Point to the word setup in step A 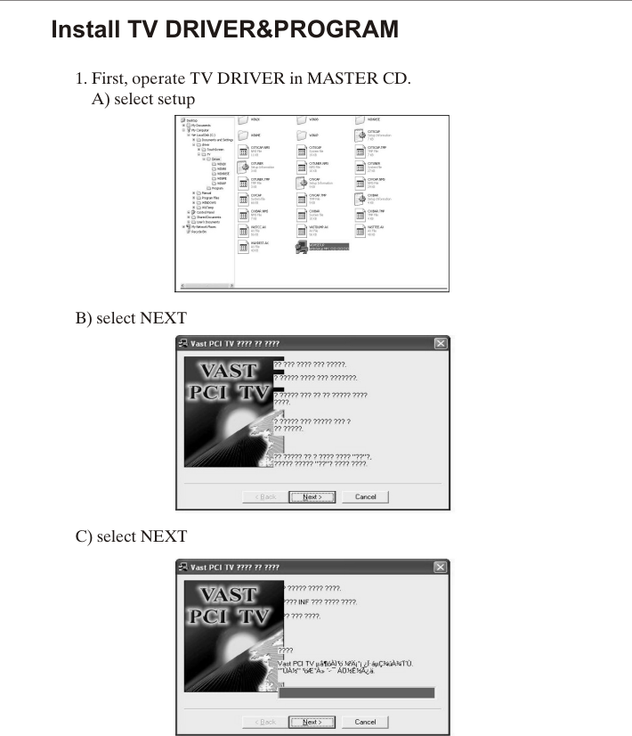(173, 99)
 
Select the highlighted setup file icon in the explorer (302, 246)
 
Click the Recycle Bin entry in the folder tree (196, 232)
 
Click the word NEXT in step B (164, 318)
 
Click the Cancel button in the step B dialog (365, 496)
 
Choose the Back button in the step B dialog (265, 496)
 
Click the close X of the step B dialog (440, 344)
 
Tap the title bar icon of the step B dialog (183, 344)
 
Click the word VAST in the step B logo (227, 371)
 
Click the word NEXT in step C (164, 536)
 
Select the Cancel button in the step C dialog (365, 722)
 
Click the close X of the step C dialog (440, 568)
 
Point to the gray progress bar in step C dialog (356, 692)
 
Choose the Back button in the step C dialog (265, 722)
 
